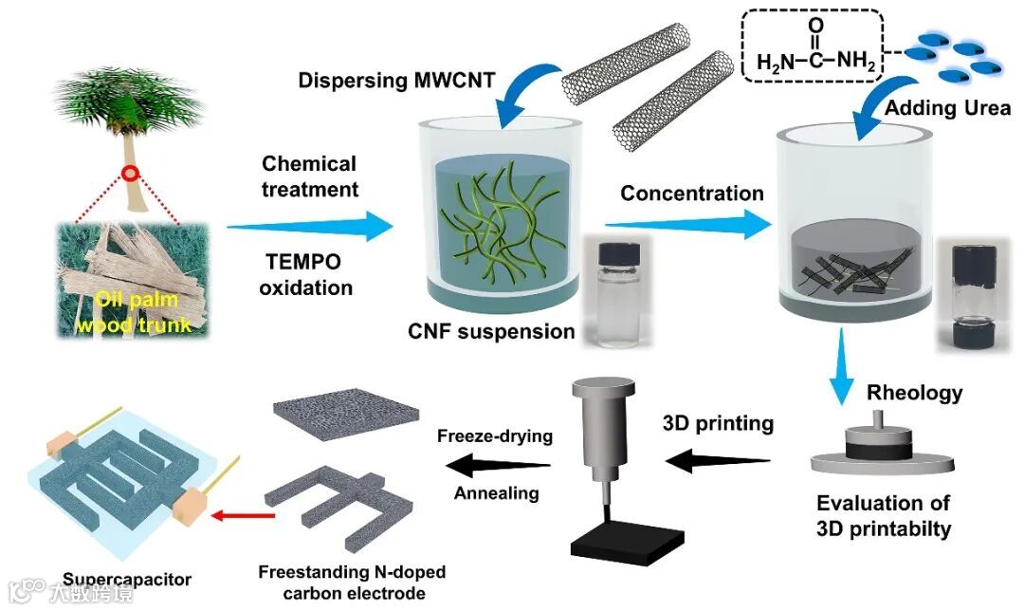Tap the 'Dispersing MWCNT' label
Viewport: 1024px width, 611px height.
point(396,81)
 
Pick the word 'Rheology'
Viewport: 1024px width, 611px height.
point(915,392)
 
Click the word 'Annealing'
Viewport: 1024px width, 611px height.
point(496,492)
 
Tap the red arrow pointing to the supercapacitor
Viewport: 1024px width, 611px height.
point(242,516)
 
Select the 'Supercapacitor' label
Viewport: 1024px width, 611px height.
point(128,579)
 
